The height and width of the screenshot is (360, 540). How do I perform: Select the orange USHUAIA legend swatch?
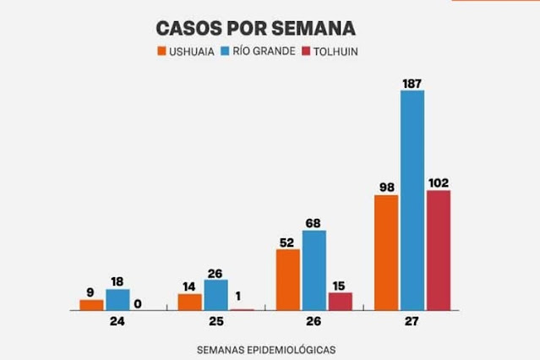point(161,51)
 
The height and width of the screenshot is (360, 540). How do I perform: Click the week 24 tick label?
point(117,322)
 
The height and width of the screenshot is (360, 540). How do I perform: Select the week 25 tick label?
point(216,322)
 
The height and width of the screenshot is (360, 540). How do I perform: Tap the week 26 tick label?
point(314,322)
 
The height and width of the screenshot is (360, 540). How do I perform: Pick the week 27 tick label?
point(412,322)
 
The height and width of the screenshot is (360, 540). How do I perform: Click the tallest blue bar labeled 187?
point(412,200)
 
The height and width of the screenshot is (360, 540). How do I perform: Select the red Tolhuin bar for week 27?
point(439,250)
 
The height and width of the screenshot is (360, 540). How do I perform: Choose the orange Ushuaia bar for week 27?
point(386,253)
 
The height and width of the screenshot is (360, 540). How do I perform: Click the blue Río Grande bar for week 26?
point(314,270)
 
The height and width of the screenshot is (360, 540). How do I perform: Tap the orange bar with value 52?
point(288,280)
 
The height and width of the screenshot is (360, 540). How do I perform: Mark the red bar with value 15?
point(340,302)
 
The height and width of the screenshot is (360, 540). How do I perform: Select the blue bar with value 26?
point(216,295)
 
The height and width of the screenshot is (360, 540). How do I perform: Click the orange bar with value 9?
point(92,305)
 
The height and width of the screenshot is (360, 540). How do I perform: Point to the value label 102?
point(439,183)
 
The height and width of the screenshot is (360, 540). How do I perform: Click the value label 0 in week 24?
point(144,303)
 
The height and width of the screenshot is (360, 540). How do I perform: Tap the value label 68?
point(314,223)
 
